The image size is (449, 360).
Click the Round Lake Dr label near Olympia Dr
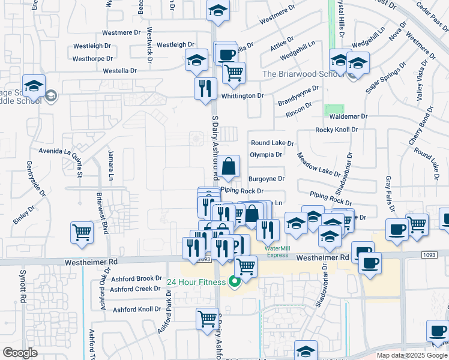click(x=273, y=143)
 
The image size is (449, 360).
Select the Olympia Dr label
click(x=266, y=155)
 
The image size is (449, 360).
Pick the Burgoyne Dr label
click(x=266, y=179)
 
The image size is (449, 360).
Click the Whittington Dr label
click(x=243, y=96)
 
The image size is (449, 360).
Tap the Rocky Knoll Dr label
click(x=336, y=130)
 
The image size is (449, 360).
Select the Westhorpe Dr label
click(x=92, y=59)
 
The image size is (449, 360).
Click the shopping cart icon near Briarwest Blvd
click(x=82, y=232)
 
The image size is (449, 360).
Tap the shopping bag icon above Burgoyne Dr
click(x=229, y=166)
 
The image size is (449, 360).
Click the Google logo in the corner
click(x=20, y=352)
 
